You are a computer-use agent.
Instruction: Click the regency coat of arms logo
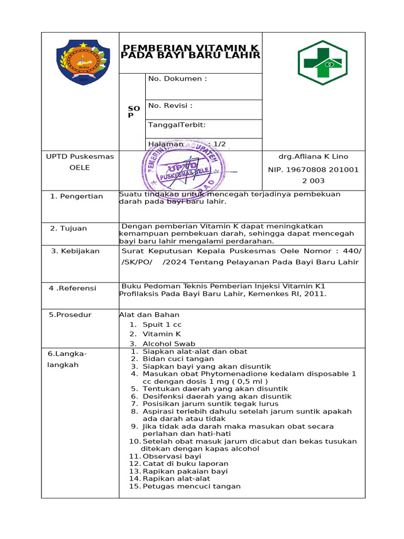click(83, 63)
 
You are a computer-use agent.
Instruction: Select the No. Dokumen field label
click(177, 79)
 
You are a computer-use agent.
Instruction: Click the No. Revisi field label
click(170, 105)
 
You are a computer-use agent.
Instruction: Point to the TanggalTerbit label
click(177, 125)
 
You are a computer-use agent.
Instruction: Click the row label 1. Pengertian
click(76, 196)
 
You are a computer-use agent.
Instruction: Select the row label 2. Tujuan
click(68, 228)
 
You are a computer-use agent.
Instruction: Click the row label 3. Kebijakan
click(75, 251)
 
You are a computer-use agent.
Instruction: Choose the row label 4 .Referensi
click(73, 288)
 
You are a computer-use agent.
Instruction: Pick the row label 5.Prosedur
click(70, 315)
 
